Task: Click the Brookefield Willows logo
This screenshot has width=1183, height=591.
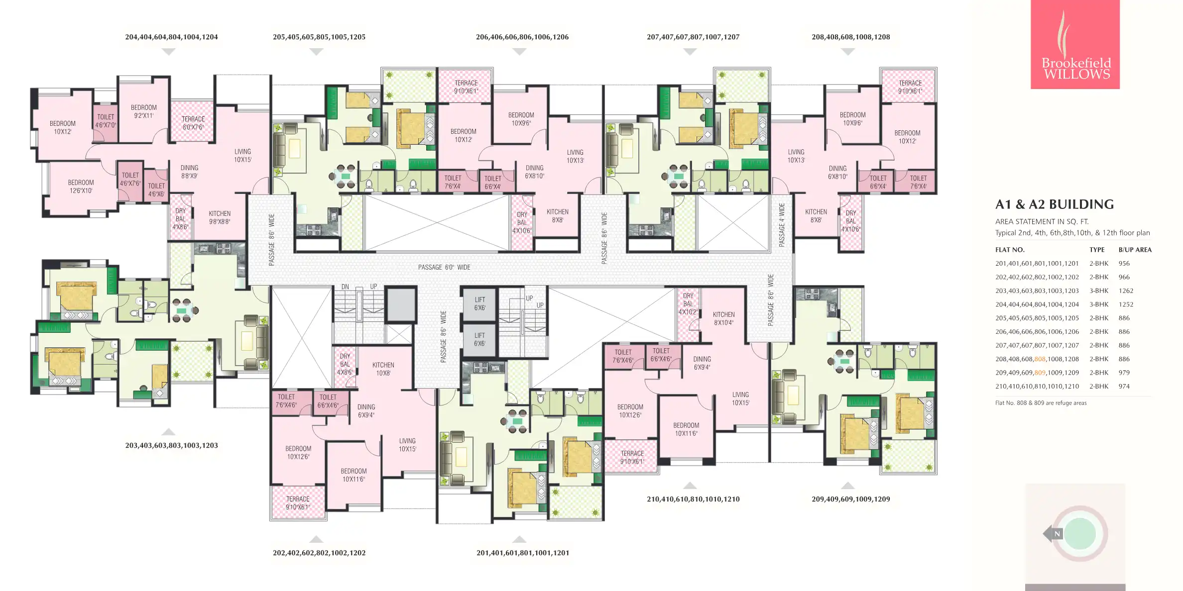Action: click(1075, 44)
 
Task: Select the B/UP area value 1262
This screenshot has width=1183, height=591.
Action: click(1126, 291)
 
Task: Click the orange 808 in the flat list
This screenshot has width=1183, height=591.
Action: click(1040, 359)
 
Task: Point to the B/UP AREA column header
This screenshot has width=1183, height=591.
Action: click(1135, 250)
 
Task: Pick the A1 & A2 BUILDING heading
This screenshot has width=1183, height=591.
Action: click(1055, 204)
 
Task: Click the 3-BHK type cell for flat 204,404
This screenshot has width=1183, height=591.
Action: click(1099, 304)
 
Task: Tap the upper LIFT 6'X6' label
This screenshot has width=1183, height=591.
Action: click(479, 303)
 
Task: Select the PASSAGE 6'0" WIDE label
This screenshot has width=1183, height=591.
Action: click(444, 267)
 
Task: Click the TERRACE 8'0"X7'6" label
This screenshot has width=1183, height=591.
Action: click(193, 123)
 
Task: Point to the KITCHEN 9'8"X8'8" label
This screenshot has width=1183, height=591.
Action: click(220, 217)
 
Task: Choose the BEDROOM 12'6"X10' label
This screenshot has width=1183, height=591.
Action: click(81, 187)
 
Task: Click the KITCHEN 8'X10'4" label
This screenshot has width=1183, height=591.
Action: click(723, 318)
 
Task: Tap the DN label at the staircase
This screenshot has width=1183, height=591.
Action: click(345, 287)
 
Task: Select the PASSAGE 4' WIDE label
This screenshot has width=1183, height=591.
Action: click(782, 224)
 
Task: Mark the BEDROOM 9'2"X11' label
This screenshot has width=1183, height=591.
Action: click(143, 111)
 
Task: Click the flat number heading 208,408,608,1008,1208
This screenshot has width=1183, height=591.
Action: click(850, 37)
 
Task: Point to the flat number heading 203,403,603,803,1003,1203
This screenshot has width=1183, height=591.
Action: click(171, 445)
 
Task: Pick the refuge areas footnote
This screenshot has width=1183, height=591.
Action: click(1041, 403)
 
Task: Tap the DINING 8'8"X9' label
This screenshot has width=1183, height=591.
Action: click(189, 172)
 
